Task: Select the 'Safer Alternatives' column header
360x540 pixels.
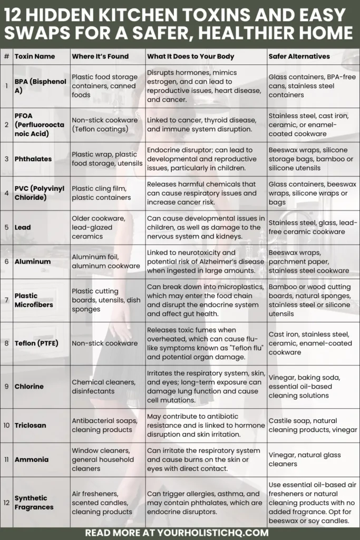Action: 299,56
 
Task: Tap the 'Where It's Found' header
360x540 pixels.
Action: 100,56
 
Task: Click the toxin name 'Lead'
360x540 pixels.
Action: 23,227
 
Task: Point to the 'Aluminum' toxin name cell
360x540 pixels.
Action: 33,262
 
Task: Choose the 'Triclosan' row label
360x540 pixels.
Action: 30,425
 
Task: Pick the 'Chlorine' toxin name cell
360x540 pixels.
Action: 29,387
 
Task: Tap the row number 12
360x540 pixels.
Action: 6,503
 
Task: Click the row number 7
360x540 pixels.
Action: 6,300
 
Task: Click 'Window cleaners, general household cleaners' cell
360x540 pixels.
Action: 101,459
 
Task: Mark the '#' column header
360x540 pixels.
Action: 6,56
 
